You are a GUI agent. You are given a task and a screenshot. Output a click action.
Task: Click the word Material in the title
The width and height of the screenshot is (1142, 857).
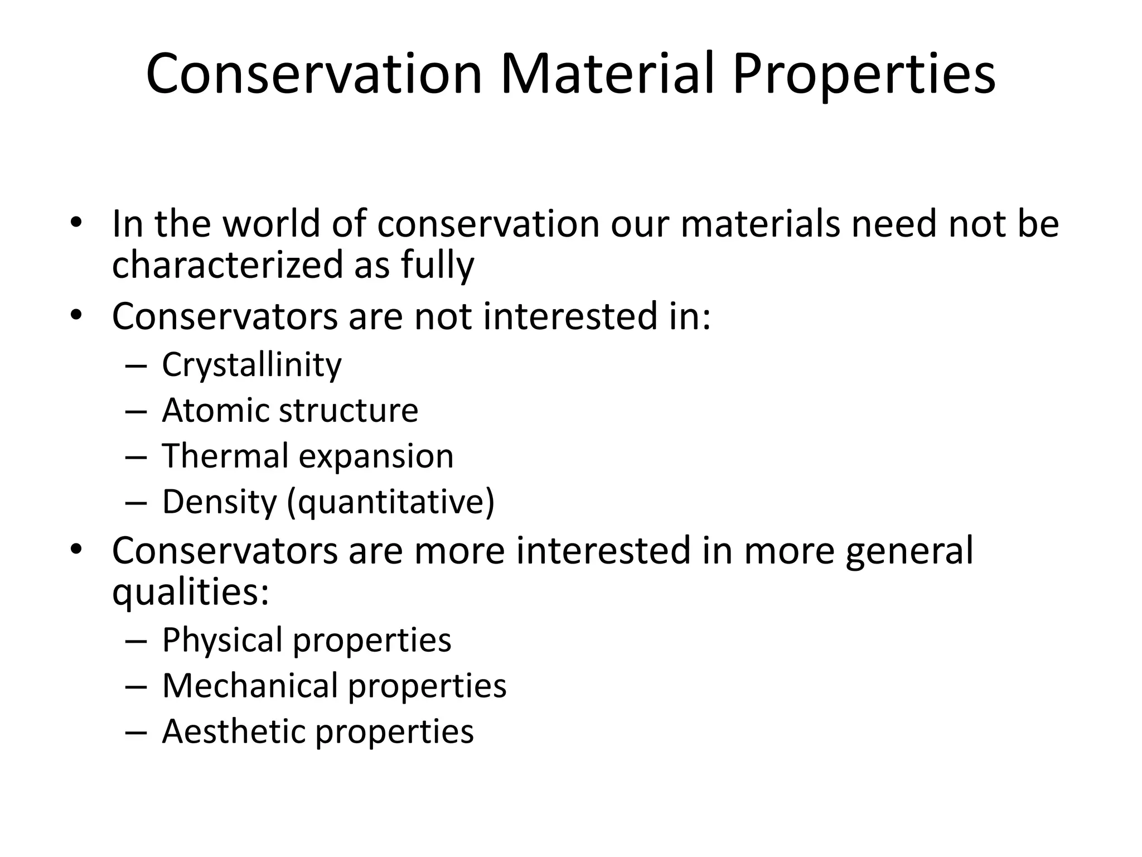point(607,74)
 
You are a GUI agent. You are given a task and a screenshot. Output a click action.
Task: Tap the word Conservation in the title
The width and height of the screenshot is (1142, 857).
point(314,74)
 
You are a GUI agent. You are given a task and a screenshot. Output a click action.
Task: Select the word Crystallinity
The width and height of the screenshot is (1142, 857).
point(251,365)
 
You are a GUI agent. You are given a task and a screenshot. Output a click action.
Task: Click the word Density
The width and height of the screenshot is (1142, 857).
point(219,502)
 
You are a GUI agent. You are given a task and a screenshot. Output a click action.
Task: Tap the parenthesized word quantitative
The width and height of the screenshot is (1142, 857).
point(391,502)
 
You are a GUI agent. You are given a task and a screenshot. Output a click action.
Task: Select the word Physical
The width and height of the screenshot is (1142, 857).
point(222,640)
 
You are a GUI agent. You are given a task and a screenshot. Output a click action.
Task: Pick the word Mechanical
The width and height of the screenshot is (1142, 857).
point(250,685)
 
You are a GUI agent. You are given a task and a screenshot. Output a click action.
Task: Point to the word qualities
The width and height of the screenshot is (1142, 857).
point(190,593)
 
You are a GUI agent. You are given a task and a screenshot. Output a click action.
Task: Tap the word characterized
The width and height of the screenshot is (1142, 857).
point(228,264)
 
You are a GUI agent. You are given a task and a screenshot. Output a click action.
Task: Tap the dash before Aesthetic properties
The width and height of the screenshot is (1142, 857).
point(137,731)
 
